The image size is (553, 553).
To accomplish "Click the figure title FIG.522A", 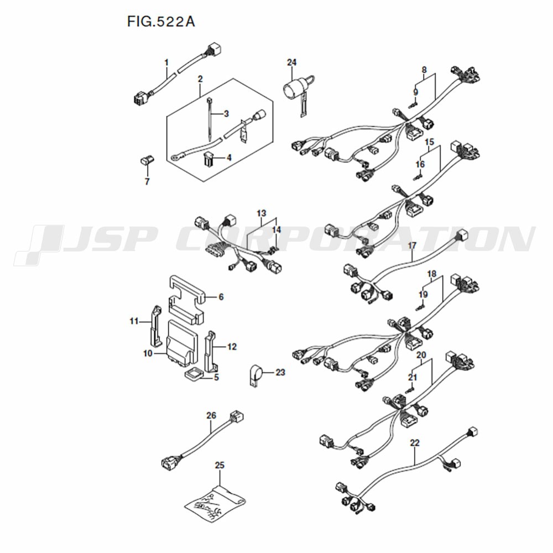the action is click(x=161, y=22).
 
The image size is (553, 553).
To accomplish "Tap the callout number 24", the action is click(x=291, y=62).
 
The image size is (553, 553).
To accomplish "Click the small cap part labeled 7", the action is click(x=147, y=161).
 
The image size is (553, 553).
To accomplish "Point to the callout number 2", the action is click(x=200, y=79).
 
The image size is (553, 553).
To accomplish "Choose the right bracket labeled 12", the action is click(x=212, y=351).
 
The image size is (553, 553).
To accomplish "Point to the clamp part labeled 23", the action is click(x=255, y=375).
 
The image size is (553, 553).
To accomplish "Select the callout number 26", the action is click(x=211, y=416).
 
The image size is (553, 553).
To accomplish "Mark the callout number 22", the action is click(x=415, y=442).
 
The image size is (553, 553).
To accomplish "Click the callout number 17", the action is click(x=412, y=246).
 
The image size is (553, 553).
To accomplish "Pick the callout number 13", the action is click(x=262, y=213).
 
